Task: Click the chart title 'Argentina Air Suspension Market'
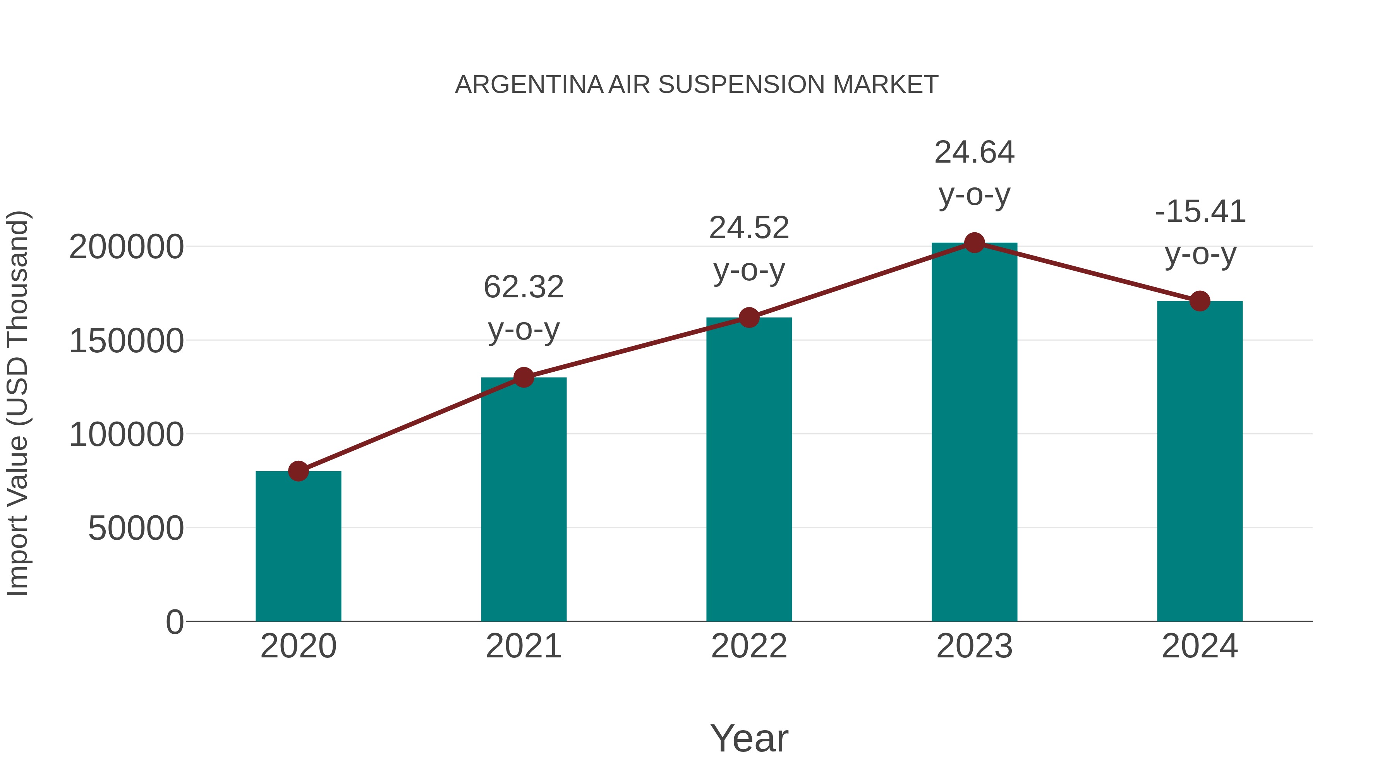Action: pos(697,85)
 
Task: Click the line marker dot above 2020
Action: pos(298,471)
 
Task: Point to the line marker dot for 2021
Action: pos(523,377)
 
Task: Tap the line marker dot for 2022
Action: pos(749,317)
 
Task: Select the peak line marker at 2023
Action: pos(974,243)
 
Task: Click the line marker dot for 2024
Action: pos(1200,301)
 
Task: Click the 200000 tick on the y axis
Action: pos(127,247)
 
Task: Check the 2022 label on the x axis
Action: pos(749,646)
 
